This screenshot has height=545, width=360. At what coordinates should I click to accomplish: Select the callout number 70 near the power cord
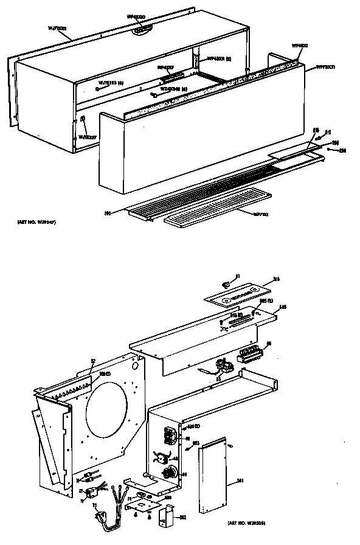[x=94, y=505]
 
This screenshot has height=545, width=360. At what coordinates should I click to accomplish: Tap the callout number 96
[x=269, y=345]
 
